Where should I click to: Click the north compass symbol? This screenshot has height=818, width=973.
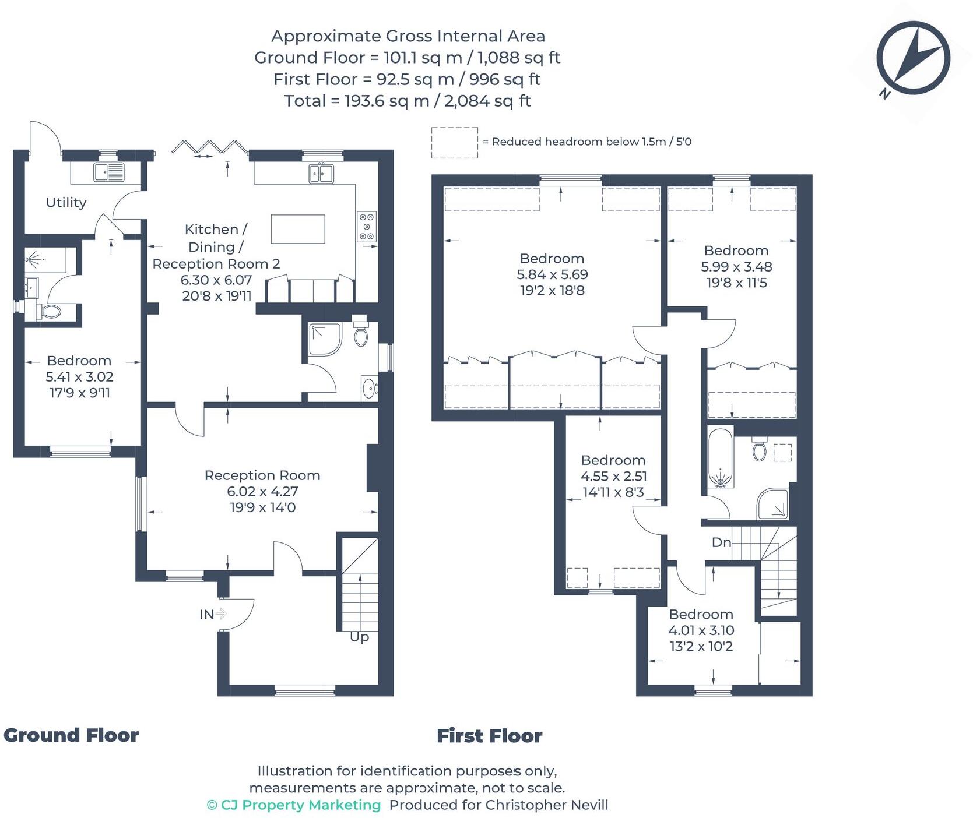coord(913,58)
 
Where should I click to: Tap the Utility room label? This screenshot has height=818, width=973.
coord(66,202)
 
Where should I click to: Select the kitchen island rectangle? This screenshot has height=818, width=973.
coord(298,229)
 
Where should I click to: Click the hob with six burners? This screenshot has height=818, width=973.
coord(367,226)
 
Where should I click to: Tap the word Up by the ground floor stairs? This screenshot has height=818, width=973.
coord(359,637)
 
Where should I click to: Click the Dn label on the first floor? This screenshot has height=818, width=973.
coord(721,542)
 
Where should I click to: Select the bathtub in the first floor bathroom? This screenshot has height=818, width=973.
coord(721,459)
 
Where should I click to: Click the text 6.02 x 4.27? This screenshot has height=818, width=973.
coord(262,491)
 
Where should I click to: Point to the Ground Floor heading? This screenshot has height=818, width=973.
coord(71,735)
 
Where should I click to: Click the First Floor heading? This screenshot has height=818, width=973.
coord(489,736)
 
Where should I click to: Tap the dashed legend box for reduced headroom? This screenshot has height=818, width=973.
coord(454,143)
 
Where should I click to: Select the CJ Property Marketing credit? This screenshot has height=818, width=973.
coord(294,805)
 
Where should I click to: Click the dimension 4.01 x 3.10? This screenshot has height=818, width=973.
coord(701,630)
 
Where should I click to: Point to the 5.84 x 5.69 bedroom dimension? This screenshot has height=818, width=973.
coord(552,274)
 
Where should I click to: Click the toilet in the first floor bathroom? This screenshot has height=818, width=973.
coord(759,449)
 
